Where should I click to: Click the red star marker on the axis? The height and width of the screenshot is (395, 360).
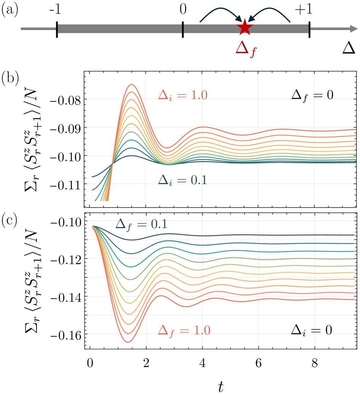(x=244, y=28)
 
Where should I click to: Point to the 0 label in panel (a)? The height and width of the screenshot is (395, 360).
(x=183, y=10)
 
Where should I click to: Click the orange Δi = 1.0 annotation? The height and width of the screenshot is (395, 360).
(x=183, y=95)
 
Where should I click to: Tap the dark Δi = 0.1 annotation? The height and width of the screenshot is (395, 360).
(x=183, y=180)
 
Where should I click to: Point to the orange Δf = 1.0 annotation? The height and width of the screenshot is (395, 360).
(x=184, y=330)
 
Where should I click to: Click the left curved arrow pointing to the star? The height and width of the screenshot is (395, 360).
(x=221, y=13)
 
